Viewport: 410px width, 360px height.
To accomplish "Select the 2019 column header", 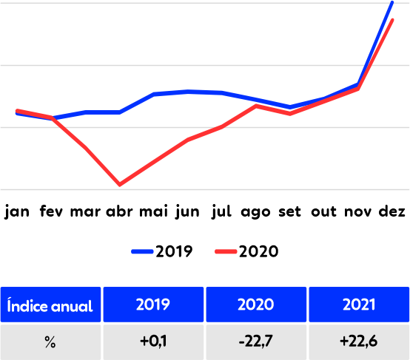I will tap(153, 305).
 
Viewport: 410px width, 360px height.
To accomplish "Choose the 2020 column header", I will tap(256, 305).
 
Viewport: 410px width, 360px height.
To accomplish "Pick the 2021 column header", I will tap(359, 305).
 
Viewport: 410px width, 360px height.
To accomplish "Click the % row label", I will tap(50, 342).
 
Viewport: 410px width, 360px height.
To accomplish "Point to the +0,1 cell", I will tap(153, 342).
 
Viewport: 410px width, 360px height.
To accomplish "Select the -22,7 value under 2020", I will tap(256, 342).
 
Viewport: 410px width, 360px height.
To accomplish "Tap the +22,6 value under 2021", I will tap(359, 342).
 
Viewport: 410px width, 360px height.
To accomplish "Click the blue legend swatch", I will tap(142, 251).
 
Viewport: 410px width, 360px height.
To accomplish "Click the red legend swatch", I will tap(226, 251).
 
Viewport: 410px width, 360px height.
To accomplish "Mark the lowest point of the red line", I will tap(120, 184).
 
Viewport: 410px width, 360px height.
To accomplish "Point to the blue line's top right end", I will tap(392, 2).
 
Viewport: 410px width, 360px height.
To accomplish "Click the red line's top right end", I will tap(393, 20).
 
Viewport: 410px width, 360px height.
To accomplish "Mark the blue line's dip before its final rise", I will tap(291, 107).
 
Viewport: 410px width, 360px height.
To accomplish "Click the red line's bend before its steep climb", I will tap(358, 88).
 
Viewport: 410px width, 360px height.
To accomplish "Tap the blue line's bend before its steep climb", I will tap(358, 84).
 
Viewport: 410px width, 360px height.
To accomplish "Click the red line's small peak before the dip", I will tap(257, 105).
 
